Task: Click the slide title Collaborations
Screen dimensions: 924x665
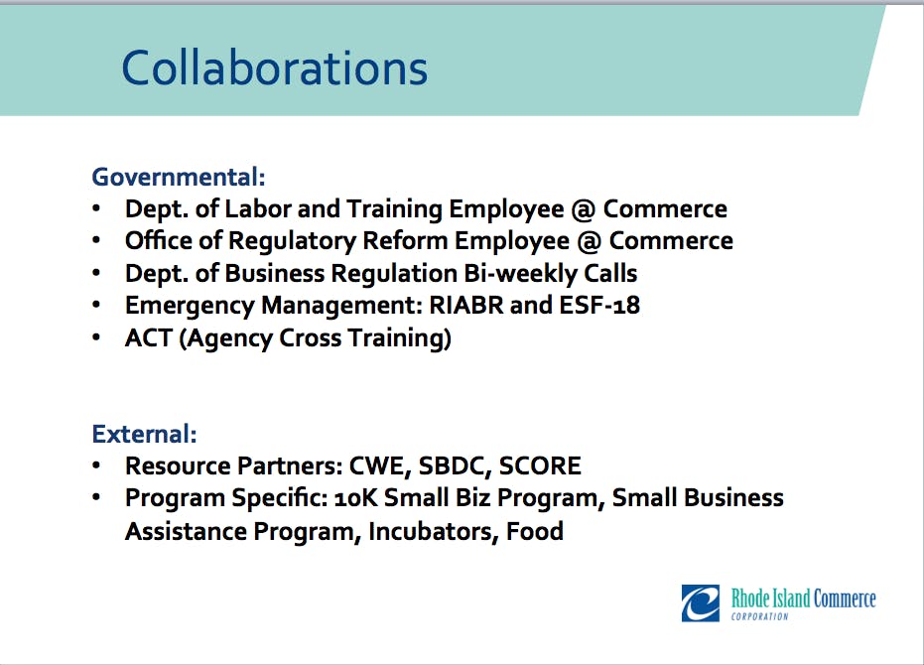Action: [274, 67]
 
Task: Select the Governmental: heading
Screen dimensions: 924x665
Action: [179, 177]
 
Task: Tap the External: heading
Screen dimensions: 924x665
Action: [144, 434]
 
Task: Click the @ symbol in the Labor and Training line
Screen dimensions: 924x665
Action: [584, 209]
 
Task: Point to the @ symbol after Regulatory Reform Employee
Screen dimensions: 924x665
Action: [590, 242]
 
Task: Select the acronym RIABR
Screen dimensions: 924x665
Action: [466, 306]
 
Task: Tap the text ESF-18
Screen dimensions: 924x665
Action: [599, 306]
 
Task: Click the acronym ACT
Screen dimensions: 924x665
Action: [148, 337]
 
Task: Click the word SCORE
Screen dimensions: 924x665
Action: [540, 465]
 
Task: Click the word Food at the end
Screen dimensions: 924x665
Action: [535, 531]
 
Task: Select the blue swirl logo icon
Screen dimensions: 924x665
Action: [700, 603]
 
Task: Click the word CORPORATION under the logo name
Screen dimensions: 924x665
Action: [759, 616]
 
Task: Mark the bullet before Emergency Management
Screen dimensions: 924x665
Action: [96, 305]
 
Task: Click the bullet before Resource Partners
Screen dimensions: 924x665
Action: [96, 465]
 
